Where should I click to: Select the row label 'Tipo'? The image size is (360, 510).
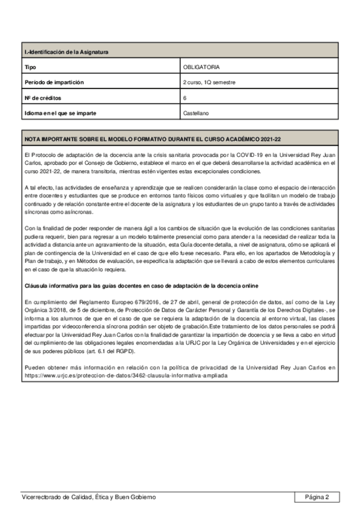click(x=30, y=67)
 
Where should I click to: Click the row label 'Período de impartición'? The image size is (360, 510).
click(x=54, y=82)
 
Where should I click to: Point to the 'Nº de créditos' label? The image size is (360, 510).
click(x=43, y=97)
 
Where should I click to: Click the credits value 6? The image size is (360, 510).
click(x=185, y=97)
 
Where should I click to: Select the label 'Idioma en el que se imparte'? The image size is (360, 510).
click(x=60, y=112)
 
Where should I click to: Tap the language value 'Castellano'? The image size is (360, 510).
click(x=197, y=112)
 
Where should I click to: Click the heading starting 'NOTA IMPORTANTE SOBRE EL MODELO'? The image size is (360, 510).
click(x=153, y=139)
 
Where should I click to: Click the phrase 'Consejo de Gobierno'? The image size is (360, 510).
click(x=118, y=162)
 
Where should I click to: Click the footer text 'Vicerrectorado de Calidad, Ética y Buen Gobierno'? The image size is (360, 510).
click(x=88, y=497)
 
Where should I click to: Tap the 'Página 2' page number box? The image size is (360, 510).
click(x=317, y=497)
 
